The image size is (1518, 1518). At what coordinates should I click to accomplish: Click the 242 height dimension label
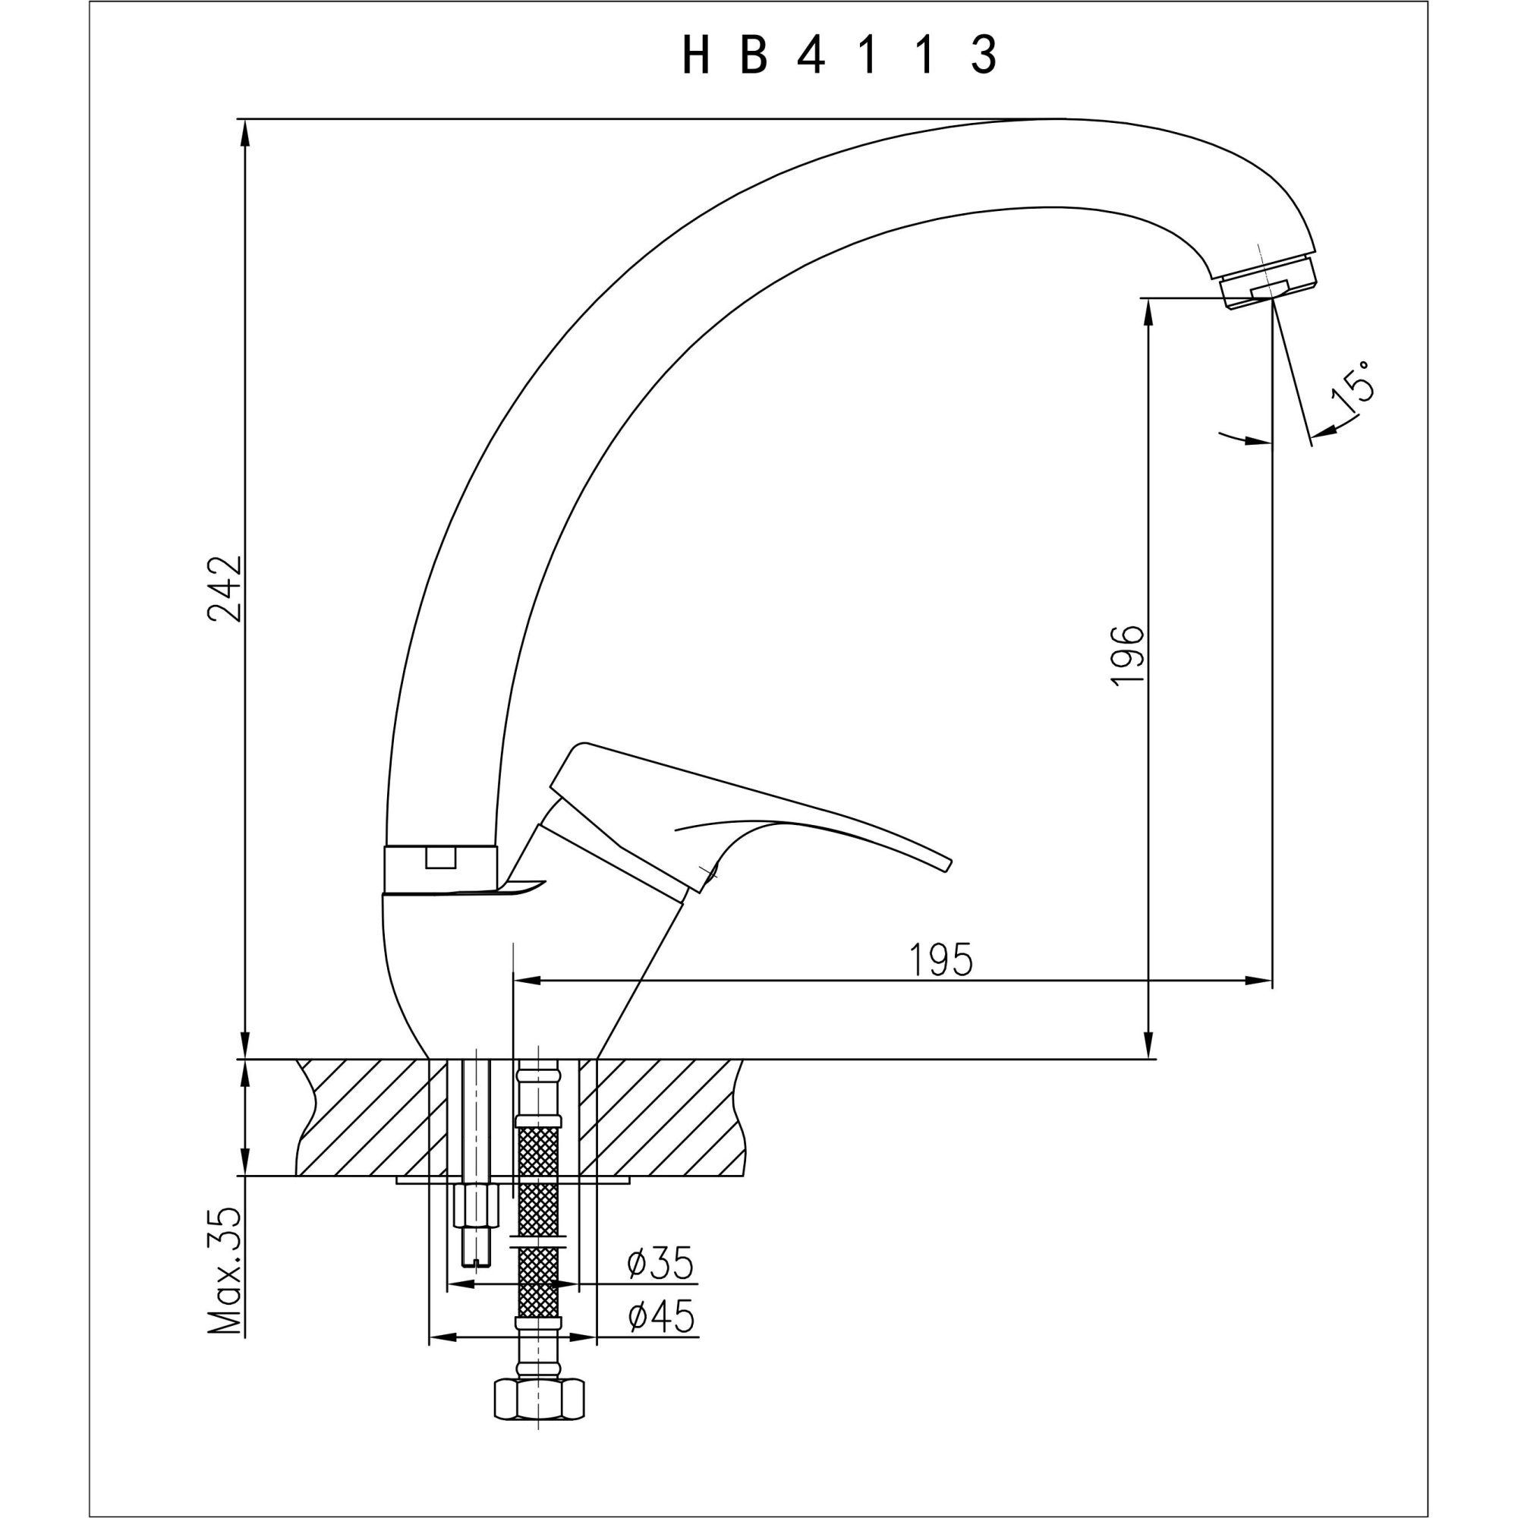(x=225, y=588)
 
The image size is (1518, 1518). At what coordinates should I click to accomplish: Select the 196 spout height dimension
(x=1129, y=656)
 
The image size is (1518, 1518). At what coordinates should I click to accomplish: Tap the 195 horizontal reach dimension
(x=940, y=959)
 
